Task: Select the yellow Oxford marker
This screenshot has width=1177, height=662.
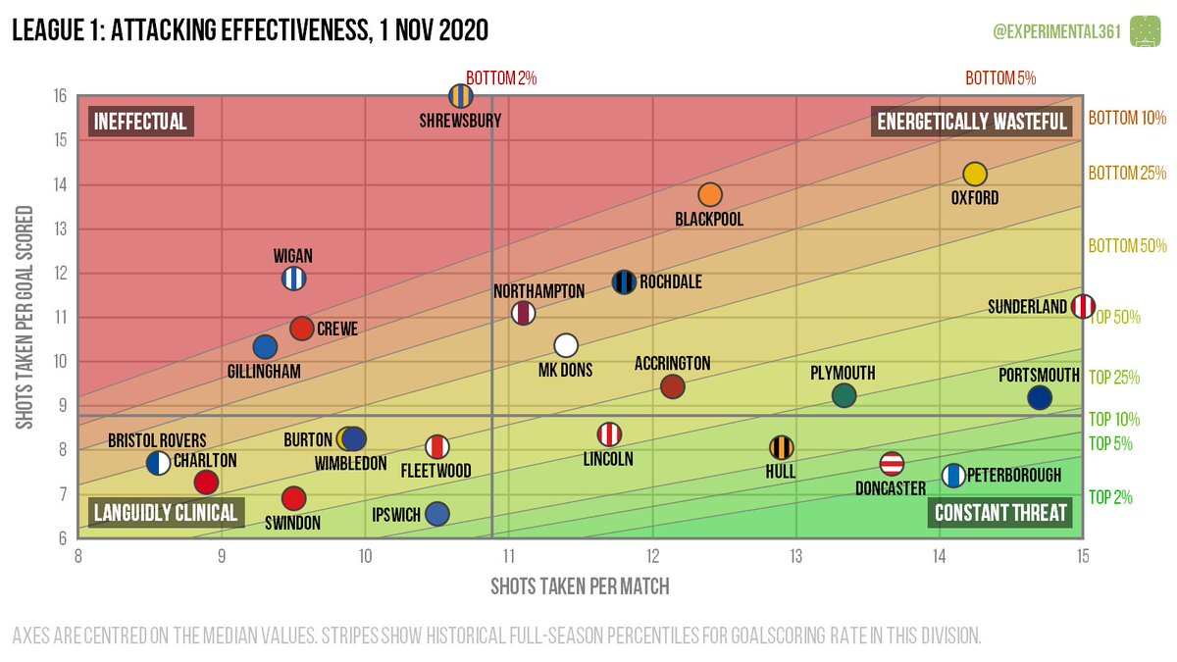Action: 974,174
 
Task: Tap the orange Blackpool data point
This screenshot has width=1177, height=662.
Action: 710,195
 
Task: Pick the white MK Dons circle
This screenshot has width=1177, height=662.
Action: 566,345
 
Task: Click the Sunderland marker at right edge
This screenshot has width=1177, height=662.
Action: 1083,306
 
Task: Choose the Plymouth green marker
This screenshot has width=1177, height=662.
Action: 844,395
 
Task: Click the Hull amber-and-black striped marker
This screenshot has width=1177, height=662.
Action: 781,447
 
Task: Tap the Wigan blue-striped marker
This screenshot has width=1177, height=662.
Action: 293,279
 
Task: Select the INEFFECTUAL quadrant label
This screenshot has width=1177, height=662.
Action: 140,122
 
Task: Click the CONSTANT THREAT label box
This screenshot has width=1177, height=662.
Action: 1000,513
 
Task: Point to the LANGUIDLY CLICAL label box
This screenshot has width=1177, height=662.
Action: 165,513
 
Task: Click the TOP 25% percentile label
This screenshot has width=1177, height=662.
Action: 1115,377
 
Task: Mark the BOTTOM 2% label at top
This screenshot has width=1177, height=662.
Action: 501,77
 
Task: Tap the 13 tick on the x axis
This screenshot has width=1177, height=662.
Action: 795,556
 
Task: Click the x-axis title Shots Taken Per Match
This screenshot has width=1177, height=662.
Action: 580,586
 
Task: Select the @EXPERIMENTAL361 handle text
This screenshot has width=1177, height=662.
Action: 1056,31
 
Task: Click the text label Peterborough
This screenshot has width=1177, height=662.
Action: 1014,476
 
